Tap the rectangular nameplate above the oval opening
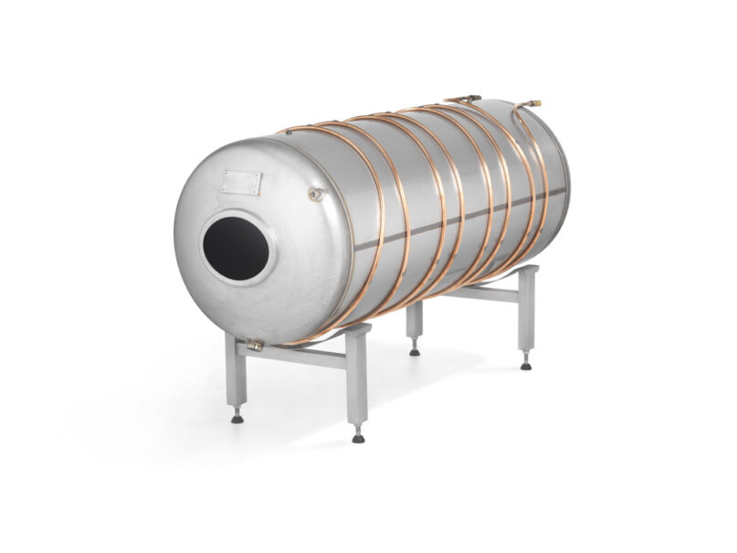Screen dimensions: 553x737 242,181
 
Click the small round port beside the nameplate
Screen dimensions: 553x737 315,194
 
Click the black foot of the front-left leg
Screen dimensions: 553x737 237,418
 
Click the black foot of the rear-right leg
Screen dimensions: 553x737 526,365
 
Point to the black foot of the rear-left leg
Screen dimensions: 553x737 415,350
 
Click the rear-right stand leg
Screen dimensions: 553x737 526,315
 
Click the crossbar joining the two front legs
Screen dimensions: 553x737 297,355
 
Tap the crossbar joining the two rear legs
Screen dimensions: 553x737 475,292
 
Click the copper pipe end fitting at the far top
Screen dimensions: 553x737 534,103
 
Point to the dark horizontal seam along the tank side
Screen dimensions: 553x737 457,223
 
